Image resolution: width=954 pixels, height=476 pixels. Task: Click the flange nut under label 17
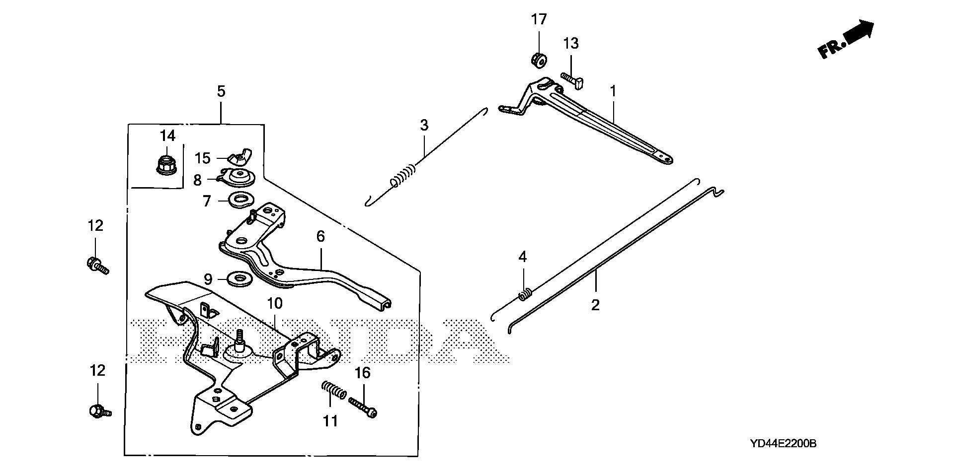point(538,60)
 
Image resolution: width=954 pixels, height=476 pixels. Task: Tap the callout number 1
point(613,91)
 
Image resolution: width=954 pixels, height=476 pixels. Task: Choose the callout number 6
point(320,236)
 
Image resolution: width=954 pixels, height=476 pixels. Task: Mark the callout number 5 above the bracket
point(221,91)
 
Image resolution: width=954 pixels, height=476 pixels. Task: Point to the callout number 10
point(274,303)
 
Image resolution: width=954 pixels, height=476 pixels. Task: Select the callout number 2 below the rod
point(595,305)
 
